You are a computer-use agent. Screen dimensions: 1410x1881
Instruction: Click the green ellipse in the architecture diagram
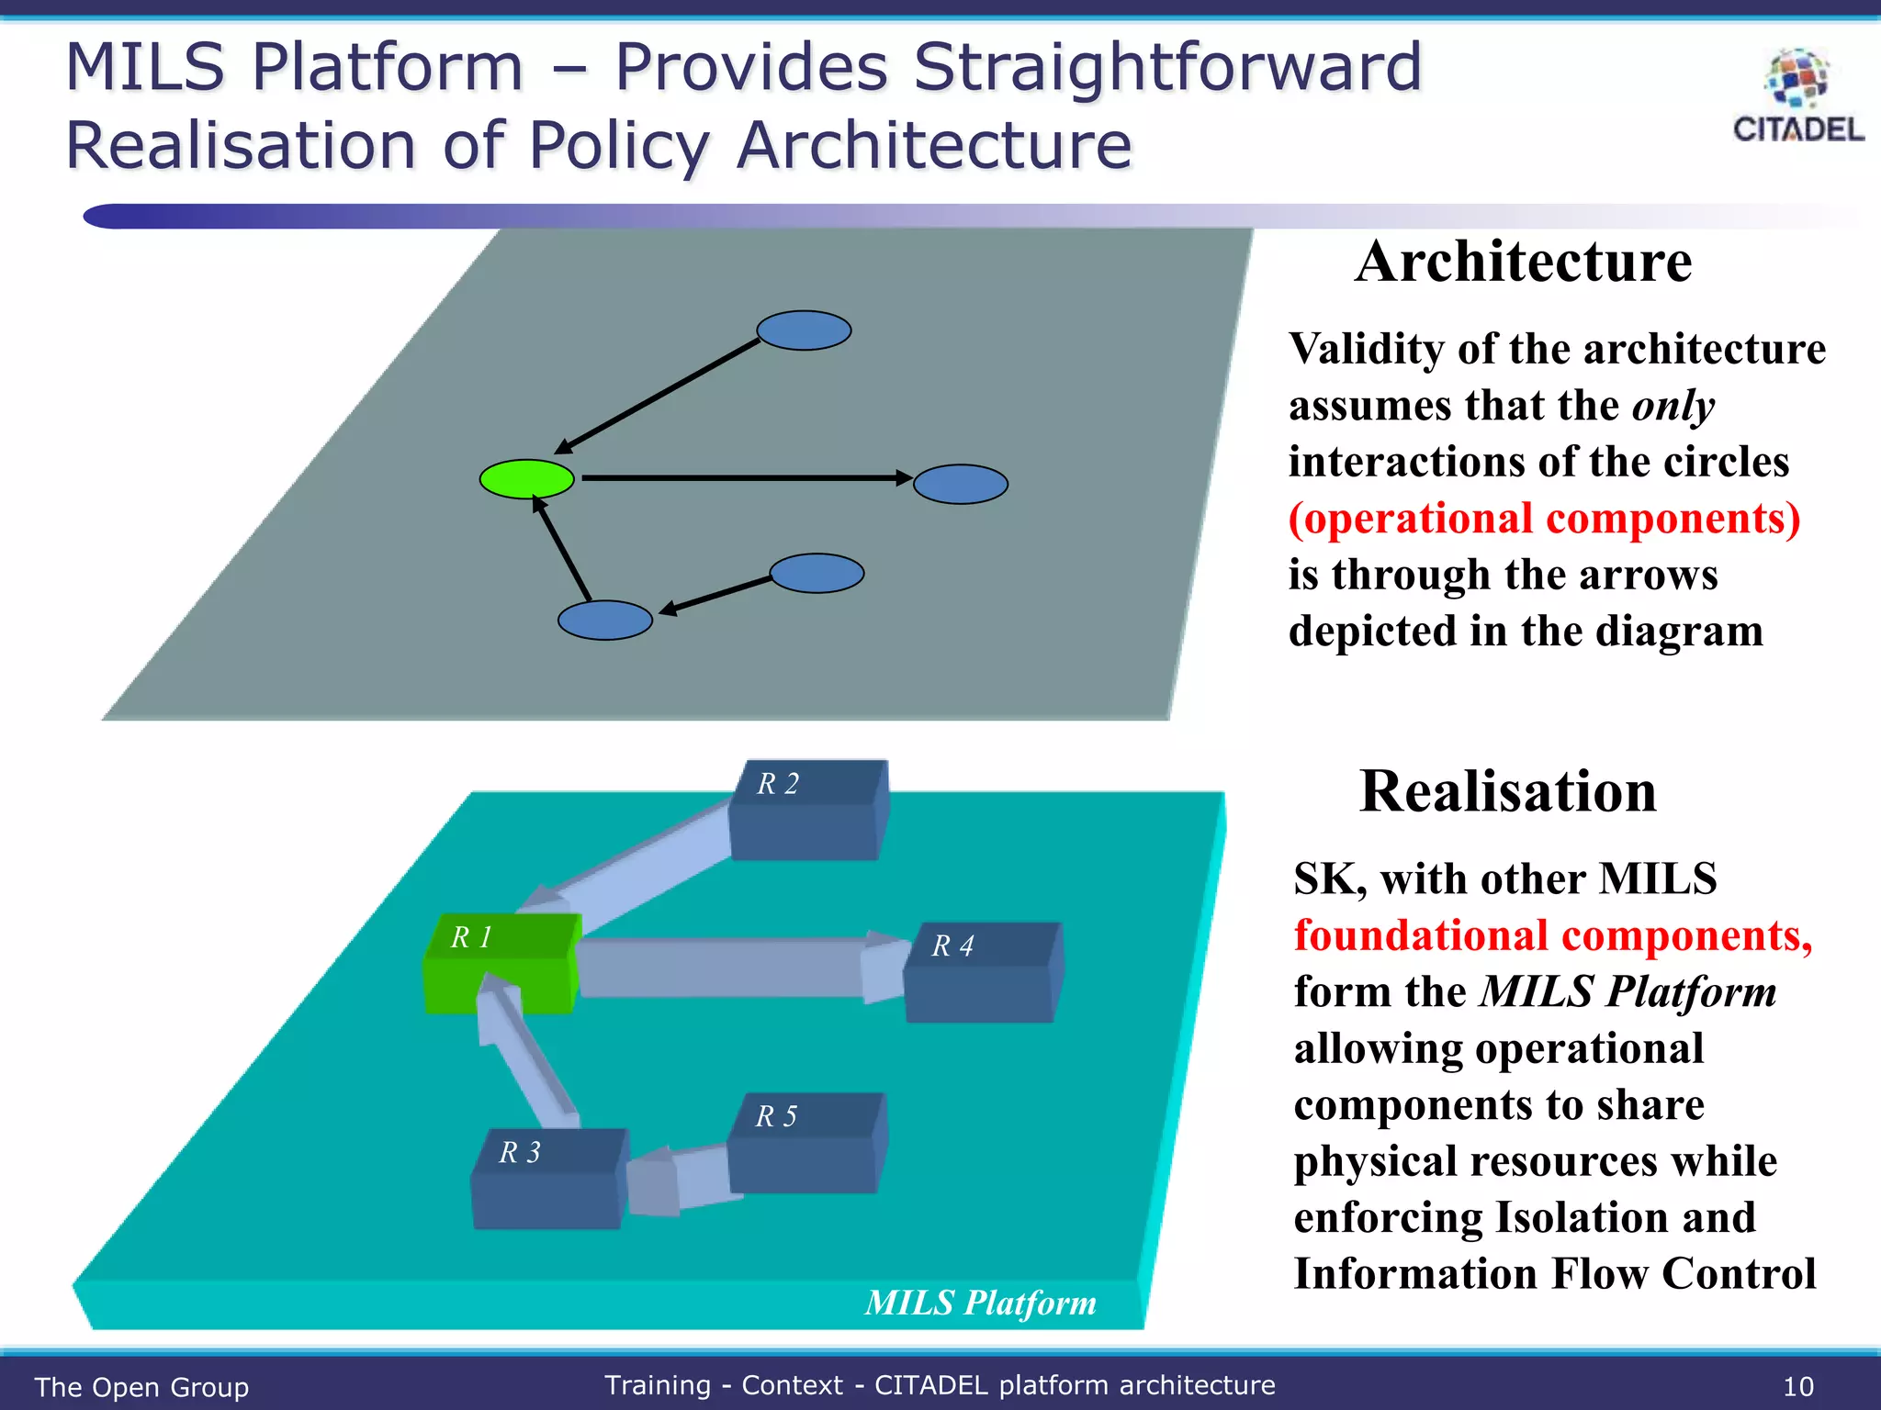pyautogui.click(x=526, y=478)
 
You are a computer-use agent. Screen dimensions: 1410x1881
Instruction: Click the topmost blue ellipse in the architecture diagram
pyautogui.click(x=804, y=330)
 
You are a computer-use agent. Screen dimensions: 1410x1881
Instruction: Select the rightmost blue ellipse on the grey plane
pyautogui.click(x=961, y=484)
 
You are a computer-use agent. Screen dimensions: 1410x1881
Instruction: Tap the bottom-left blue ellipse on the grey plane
pyautogui.click(x=605, y=621)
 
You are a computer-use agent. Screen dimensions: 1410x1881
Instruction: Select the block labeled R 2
pyautogui.click(x=806, y=812)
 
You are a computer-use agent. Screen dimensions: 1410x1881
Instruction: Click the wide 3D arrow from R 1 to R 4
pyautogui.click(x=726, y=968)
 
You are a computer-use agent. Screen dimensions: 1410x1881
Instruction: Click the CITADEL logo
pyautogui.click(x=1797, y=97)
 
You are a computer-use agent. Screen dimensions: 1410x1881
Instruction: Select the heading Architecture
pyautogui.click(x=1523, y=263)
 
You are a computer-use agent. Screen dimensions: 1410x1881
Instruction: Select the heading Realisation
pyautogui.click(x=1507, y=792)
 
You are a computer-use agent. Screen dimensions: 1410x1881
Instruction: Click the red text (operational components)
pyautogui.click(x=1544, y=519)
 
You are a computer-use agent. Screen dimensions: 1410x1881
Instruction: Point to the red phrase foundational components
pyautogui.click(x=1552, y=936)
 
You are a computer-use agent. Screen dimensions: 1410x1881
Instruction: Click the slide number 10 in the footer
pyautogui.click(x=1797, y=1386)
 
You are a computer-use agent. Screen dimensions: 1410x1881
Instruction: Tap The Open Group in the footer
pyautogui.click(x=141, y=1387)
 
